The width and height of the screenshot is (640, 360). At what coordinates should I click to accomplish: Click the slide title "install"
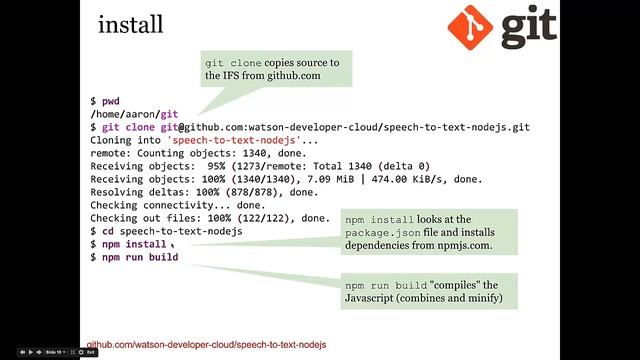point(131,24)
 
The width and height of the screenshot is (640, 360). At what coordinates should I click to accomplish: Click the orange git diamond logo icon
point(470,27)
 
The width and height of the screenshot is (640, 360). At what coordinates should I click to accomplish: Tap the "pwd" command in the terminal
point(111,101)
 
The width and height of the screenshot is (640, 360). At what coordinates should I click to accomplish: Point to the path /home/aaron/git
point(134,114)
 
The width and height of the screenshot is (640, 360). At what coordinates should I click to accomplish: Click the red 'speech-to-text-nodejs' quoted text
point(234,140)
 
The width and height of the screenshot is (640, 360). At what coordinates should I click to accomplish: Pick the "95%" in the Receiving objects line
point(216,166)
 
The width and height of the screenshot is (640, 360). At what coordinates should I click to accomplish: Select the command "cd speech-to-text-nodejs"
point(172,231)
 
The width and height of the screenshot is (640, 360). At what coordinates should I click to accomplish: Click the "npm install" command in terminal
point(134,244)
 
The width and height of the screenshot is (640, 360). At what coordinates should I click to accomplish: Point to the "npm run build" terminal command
point(140,257)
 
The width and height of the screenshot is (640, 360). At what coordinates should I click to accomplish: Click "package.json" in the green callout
point(382,233)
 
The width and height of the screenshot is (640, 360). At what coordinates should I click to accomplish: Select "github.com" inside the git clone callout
point(294,76)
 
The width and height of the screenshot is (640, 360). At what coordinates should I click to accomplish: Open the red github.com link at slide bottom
point(207,344)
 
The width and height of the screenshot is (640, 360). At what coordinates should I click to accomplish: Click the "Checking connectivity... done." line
point(178,205)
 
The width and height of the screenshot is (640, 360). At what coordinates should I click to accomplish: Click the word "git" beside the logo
point(529,27)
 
